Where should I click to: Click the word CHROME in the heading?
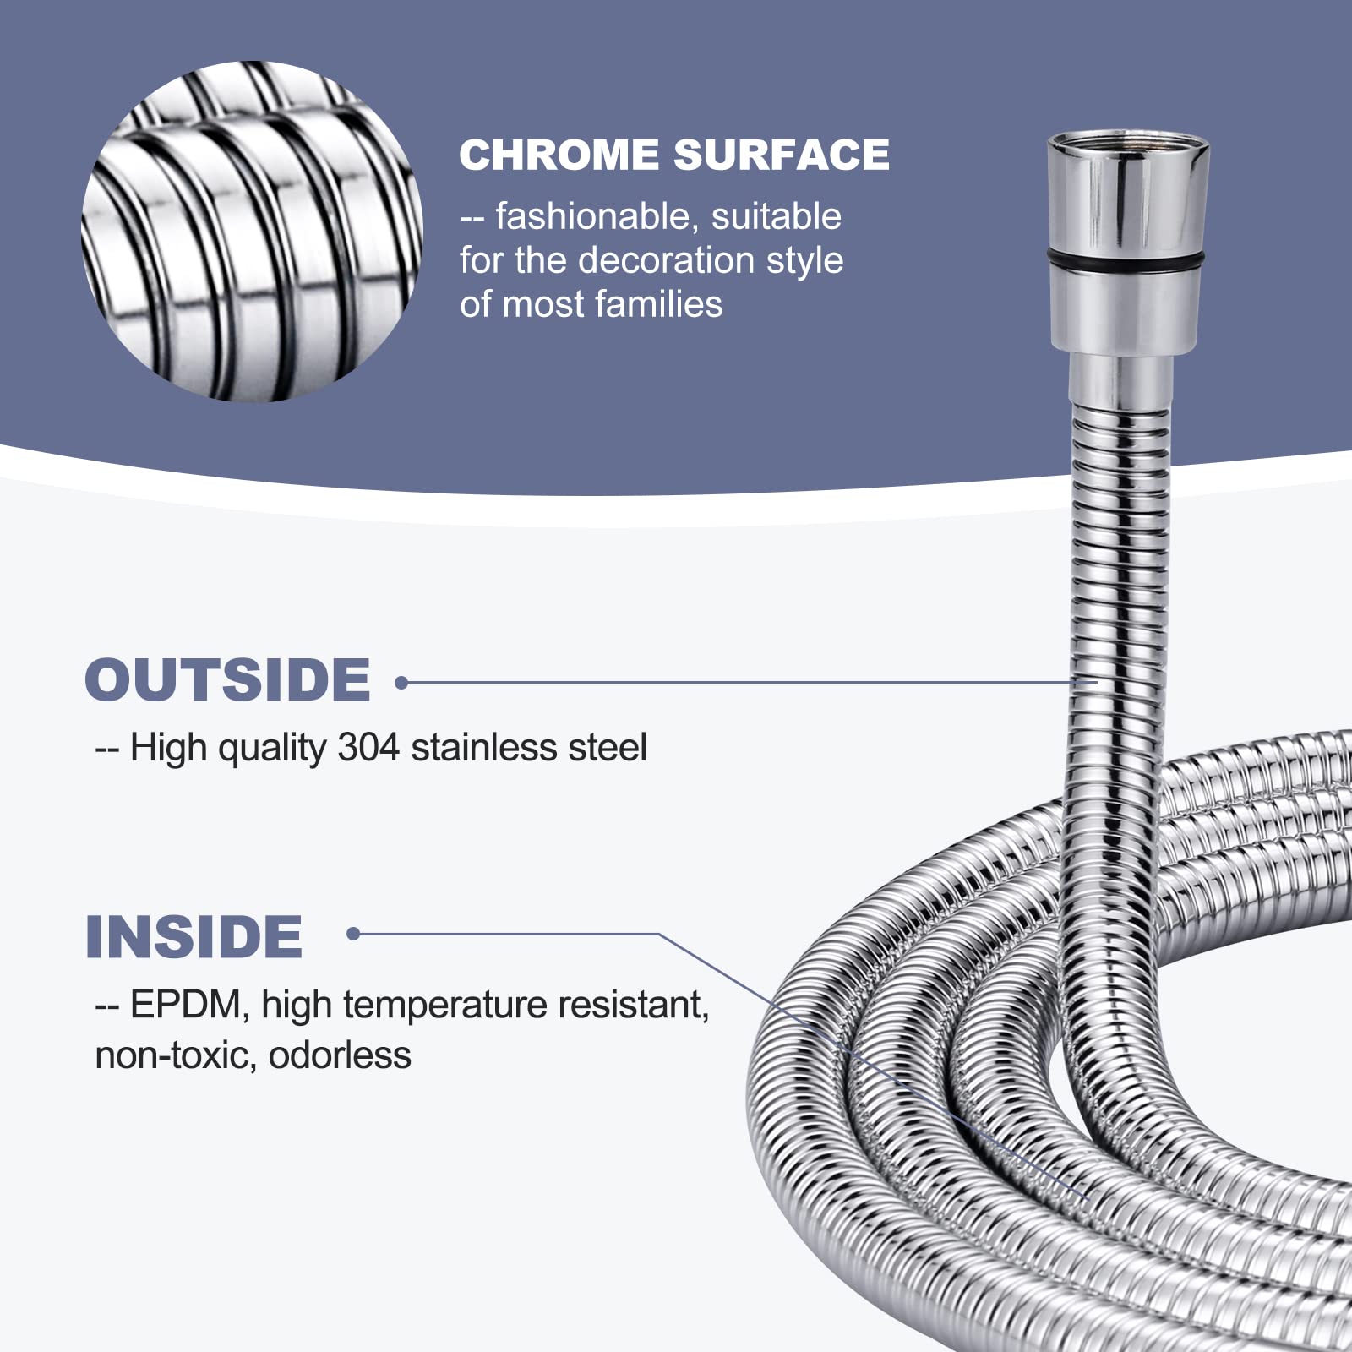tap(559, 155)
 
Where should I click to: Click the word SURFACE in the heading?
tap(782, 155)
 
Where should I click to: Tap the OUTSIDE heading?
tap(227, 680)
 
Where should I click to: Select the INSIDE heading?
tap(194, 937)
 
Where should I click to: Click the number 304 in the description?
tap(368, 747)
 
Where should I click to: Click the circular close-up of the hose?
tap(252, 231)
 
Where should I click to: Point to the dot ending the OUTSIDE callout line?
tap(401, 682)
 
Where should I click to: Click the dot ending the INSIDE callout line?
tap(353, 934)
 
